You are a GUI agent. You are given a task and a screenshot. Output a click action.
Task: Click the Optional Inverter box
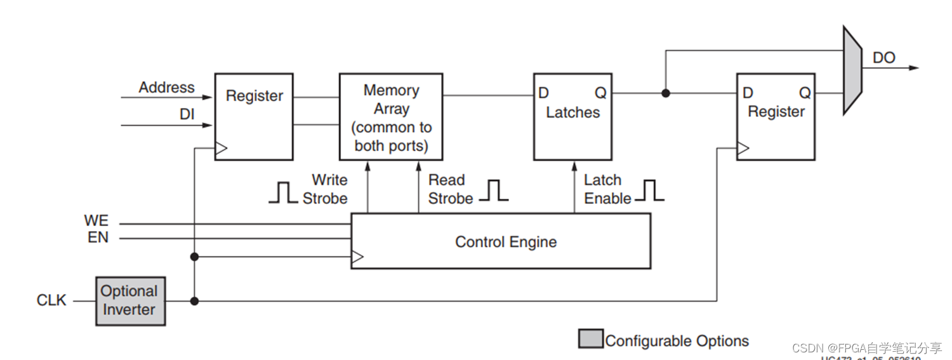tap(130, 301)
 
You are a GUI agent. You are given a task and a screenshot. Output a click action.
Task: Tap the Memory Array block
tap(391, 117)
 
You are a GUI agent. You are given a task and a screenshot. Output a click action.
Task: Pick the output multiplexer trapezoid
tap(852, 70)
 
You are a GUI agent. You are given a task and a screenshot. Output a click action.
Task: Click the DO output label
tap(883, 58)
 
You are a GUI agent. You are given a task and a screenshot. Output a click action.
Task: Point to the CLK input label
tap(51, 300)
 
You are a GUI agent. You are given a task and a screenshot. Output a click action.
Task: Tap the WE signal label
tap(96, 221)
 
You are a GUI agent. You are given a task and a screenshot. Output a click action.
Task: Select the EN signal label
tap(98, 237)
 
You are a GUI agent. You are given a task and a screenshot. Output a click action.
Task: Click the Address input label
tap(167, 87)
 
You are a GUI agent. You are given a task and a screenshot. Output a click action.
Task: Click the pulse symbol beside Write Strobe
tap(283, 192)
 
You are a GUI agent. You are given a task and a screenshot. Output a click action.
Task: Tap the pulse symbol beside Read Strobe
tap(493, 190)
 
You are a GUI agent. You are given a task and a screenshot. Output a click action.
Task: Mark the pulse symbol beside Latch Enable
tap(649, 190)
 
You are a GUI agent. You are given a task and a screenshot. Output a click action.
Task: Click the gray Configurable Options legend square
tap(590, 339)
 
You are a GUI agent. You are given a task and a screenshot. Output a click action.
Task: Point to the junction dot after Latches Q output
tap(665, 93)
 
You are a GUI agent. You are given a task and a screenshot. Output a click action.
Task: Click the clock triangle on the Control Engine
tap(358, 257)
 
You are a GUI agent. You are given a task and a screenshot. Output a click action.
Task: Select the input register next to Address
tap(254, 117)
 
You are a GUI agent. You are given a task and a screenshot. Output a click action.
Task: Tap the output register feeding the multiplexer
tap(776, 117)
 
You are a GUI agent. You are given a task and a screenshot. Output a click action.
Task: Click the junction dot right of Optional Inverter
tap(194, 301)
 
